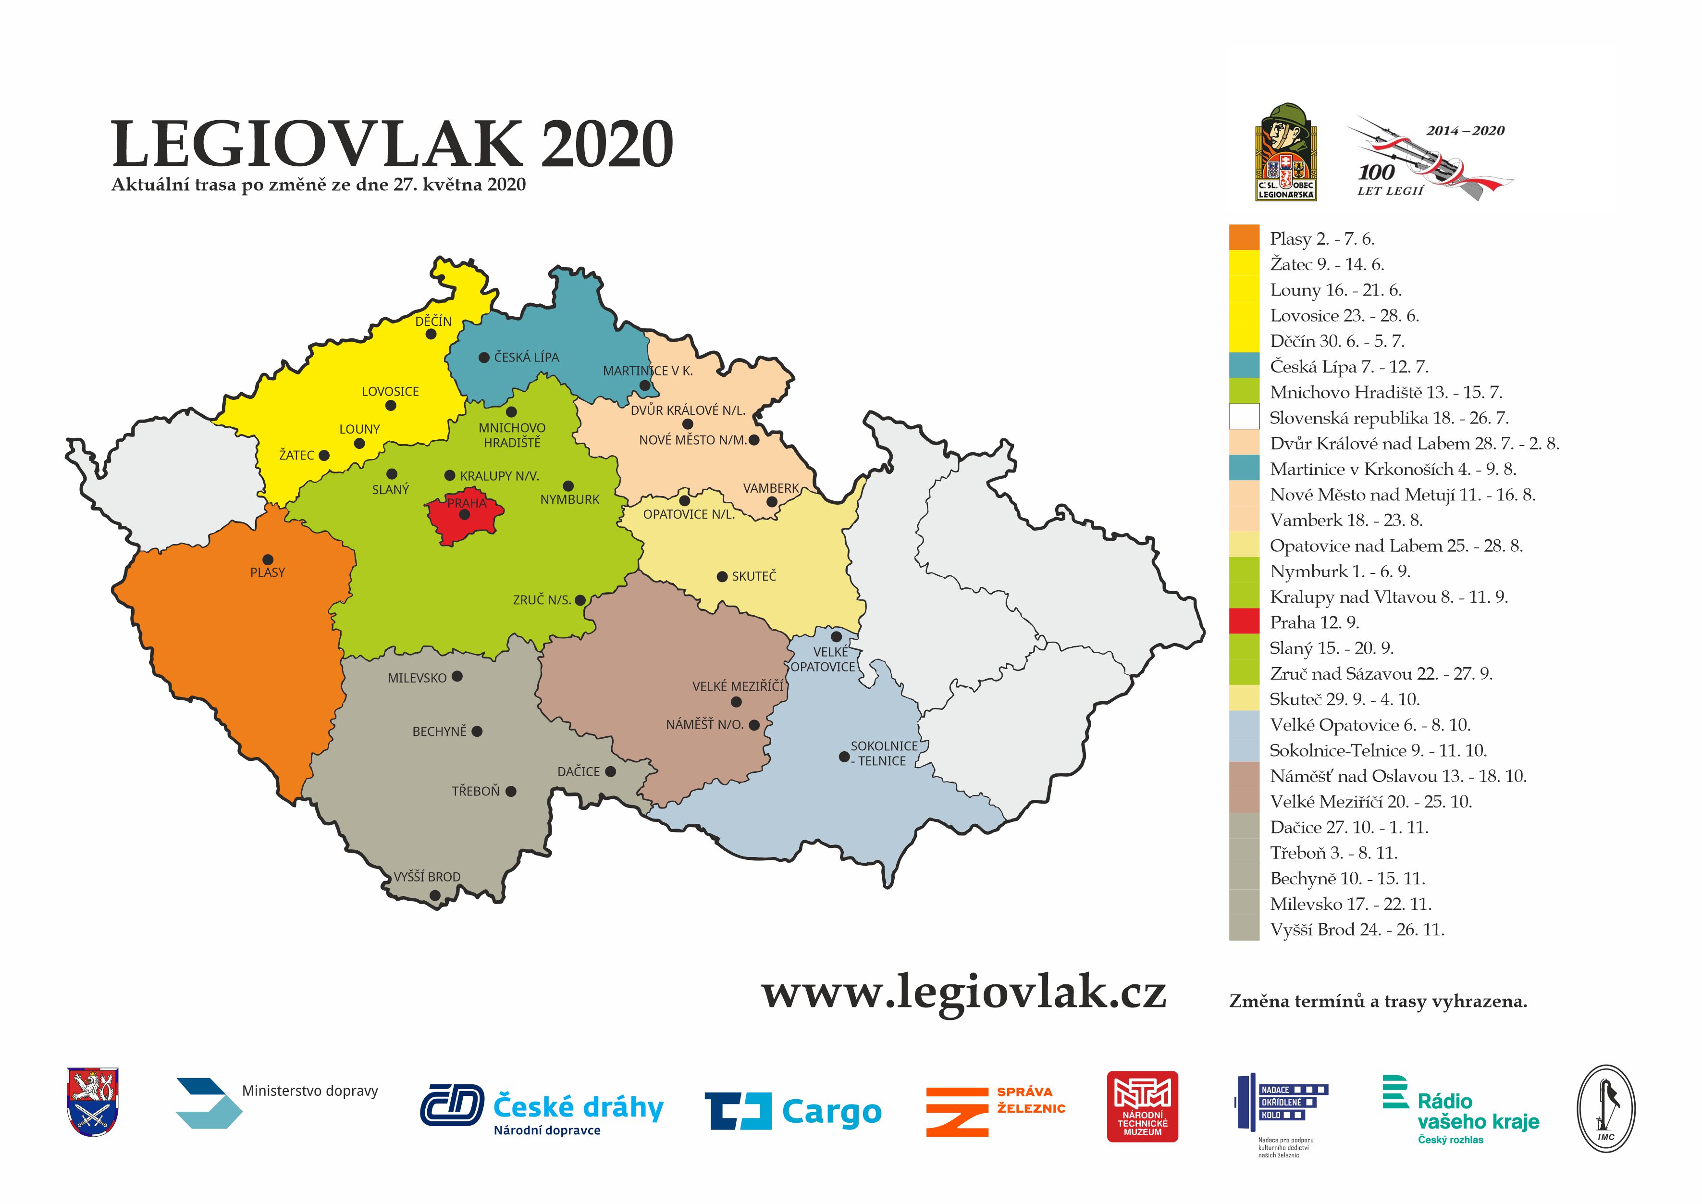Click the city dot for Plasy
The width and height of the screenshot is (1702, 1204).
tap(268, 560)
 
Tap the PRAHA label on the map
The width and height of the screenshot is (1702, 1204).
tap(466, 503)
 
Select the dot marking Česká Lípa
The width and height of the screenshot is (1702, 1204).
tap(484, 357)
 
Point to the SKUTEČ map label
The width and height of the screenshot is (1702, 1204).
tap(754, 576)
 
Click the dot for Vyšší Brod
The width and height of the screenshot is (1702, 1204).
tap(435, 895)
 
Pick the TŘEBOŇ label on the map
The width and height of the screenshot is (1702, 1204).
tap(476, 791)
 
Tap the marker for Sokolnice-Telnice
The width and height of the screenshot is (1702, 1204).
tap(844, 757)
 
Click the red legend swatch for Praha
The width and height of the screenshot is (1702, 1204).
tap(1244, 622)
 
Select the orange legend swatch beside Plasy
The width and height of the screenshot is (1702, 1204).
tap(1244, 237)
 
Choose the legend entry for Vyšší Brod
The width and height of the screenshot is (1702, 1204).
tap(1357, 930)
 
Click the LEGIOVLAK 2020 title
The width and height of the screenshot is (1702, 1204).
tap(392, 145)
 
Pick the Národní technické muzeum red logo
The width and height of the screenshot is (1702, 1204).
tap(1142, 1106)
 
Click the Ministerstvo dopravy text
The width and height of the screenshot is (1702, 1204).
tap(310, 1091)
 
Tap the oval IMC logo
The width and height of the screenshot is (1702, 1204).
tap(1605, 1108)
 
